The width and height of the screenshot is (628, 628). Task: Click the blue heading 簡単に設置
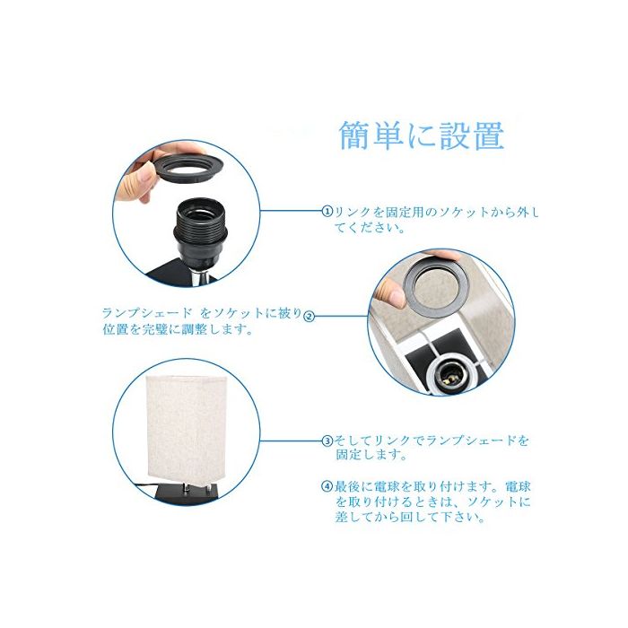coord(422,135)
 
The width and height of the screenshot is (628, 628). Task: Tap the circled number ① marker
coord(327,211)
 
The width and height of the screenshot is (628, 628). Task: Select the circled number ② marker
coord(310,317)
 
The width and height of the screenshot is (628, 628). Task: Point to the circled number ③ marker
coord(327,441)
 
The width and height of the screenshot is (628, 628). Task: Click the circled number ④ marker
coord(327,486)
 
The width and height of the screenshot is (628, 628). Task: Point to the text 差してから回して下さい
coord(411,517)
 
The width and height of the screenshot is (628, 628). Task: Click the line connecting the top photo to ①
coord(292,211)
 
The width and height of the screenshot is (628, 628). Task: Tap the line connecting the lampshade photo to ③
coord(292,441)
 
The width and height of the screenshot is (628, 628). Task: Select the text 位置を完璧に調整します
coord(178,329)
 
